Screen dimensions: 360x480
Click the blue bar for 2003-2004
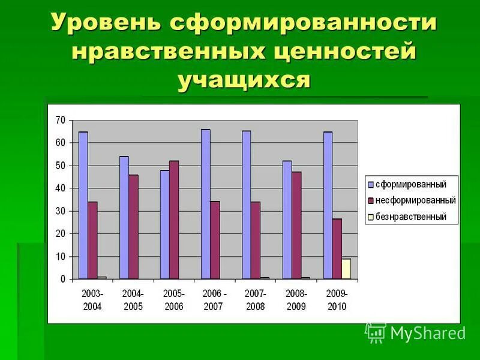point(83,205)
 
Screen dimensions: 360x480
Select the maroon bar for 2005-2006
point(173,220)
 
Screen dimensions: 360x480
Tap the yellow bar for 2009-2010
point(346,269)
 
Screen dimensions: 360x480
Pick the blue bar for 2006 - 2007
point(205,204)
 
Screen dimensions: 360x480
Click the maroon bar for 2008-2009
point(296,226)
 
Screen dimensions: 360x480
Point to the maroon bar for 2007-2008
point(256,240)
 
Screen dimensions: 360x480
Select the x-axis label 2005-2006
point(173,300)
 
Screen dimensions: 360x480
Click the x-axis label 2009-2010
point(337,300)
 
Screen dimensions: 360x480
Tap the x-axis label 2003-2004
point(92,300)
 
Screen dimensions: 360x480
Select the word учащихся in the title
point(244,79)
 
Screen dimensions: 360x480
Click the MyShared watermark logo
point(415,332)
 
